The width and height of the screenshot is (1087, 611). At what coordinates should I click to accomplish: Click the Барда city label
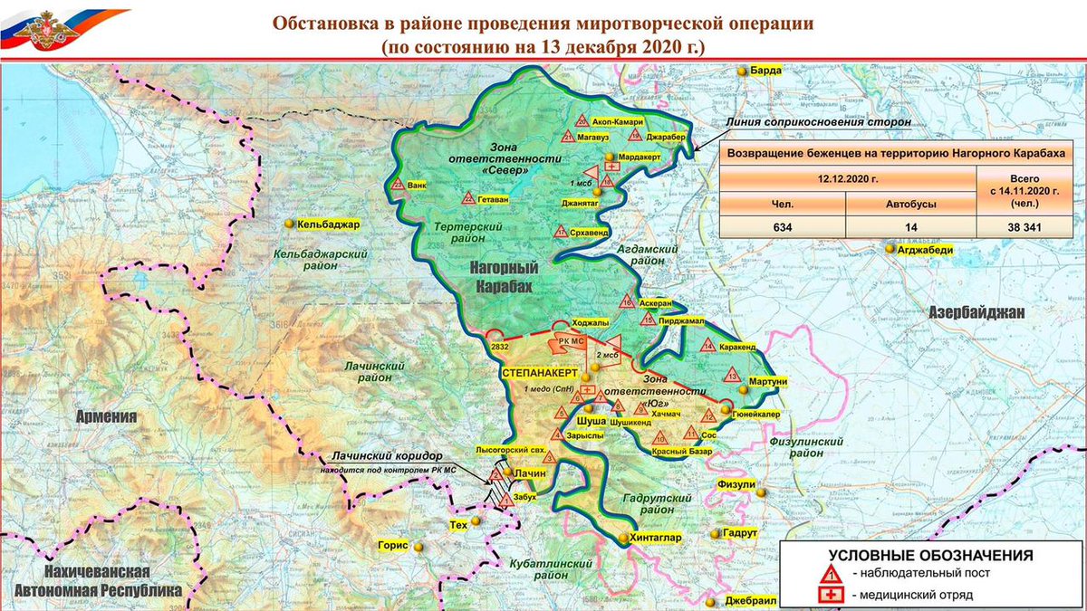(x=766, y=70)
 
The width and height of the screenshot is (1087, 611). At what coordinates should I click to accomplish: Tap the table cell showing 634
(x=782, y=227)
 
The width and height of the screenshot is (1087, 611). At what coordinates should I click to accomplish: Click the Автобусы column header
(x=909, y=205)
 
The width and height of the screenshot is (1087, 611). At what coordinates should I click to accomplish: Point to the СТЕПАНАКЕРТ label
(x=541, y=371)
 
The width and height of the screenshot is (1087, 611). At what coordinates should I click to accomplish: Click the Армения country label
(x=106, y=417)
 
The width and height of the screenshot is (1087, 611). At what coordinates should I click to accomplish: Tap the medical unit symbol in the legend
(x=831, y=595)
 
